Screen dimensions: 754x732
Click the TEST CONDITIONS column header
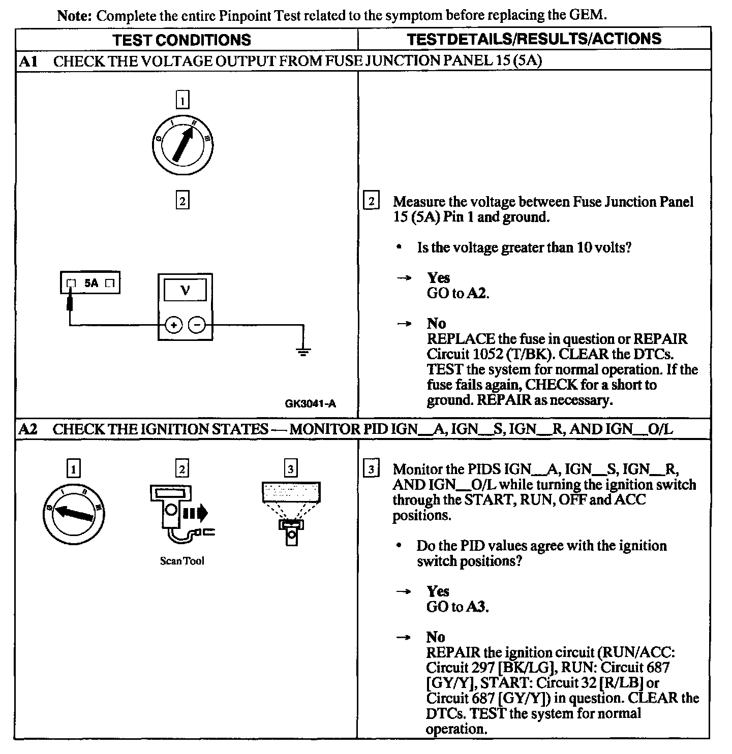[181, 40]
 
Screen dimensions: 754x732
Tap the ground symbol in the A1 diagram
[303, 351]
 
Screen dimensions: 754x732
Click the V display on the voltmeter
[185, 291]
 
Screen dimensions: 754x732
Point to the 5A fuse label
[91, 283]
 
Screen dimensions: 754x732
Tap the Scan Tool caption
[182, 561]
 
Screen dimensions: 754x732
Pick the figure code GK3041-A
[310, 404]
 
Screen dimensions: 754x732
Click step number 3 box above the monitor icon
[290, 468]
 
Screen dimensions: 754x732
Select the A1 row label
[28, 61]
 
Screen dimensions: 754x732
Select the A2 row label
[28, 429]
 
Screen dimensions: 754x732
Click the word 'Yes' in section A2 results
[438, 591]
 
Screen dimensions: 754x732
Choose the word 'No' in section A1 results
[436, 324]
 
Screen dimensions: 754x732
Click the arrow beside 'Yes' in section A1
[405, 278]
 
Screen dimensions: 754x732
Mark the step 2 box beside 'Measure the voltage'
[371, 202]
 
